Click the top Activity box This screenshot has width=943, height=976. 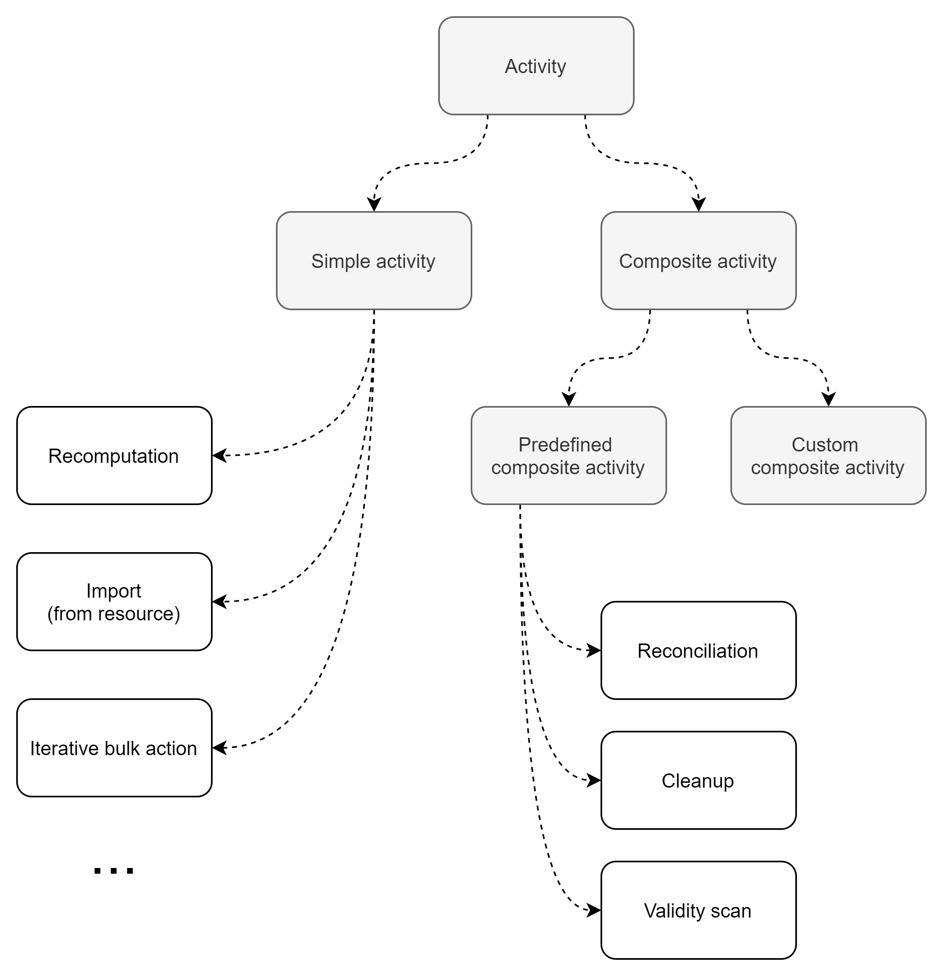point(536,66)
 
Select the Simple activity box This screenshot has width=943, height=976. point(374,260)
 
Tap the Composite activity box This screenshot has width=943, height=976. point(698,260)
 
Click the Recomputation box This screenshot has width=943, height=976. point(114,456)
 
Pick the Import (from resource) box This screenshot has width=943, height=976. point(114,602)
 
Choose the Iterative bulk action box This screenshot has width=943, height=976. point(114,748)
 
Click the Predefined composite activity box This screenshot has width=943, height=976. point(568,456)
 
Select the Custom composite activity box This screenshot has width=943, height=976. point(828,456)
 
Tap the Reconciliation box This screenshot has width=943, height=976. point(698,650)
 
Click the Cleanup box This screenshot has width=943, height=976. point(698,780)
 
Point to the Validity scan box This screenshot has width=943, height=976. point(698,910)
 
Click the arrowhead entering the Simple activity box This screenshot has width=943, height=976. point(374,205)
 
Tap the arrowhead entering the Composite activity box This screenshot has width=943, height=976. point(699,205)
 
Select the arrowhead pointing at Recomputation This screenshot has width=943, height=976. point(220,455)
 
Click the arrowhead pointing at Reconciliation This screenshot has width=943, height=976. point(594,650)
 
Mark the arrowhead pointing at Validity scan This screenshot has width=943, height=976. point(594,910)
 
